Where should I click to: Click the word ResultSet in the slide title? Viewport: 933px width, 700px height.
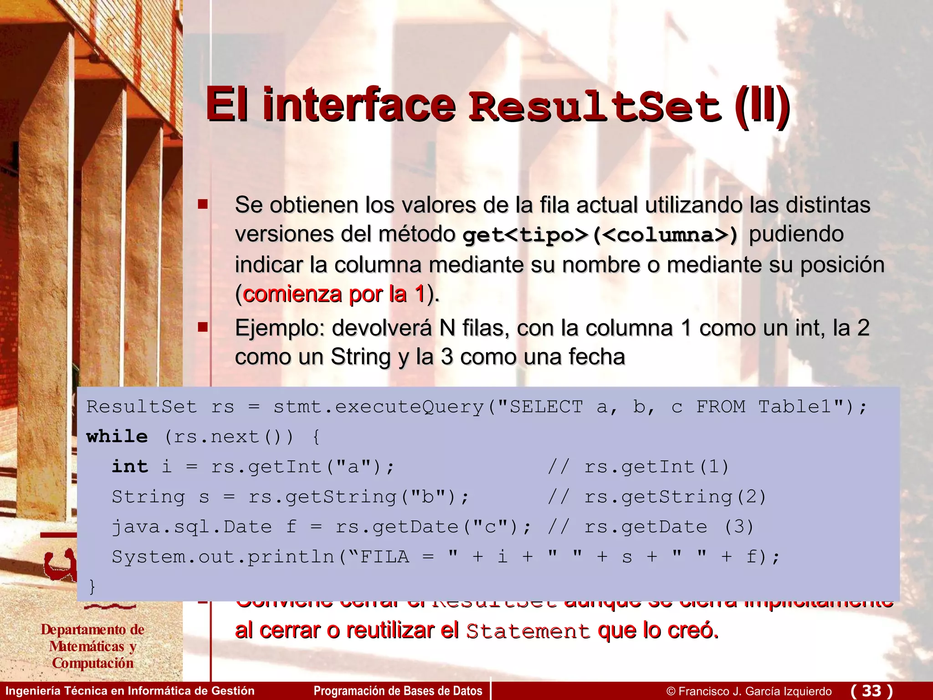[595, 106]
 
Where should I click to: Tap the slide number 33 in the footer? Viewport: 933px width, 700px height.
[871, 690]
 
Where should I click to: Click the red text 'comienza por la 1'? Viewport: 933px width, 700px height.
[334, 294]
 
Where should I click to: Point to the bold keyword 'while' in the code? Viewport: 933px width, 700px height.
[117, 437]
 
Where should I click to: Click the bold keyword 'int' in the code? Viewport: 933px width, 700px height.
[130, 467]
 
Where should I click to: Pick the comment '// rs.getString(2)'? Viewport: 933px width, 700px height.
[657, 497]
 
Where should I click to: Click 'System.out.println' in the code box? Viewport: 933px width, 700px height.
[223, 557]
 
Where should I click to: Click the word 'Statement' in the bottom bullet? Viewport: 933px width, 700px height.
[528, 631]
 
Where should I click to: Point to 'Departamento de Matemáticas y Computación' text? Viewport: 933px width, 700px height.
[92, 646]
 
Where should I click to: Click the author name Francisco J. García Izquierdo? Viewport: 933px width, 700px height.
[755, 691]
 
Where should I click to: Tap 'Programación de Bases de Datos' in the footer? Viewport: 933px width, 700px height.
[398, 691]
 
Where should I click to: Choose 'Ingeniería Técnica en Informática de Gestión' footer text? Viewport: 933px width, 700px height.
[130, 691]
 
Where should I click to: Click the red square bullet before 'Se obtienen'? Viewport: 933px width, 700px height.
[203, 204]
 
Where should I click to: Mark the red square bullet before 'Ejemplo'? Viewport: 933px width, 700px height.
[203, 327]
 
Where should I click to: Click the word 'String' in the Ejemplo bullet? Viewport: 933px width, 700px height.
[360, 357]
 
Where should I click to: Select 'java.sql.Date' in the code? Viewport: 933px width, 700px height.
[192, 527]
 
